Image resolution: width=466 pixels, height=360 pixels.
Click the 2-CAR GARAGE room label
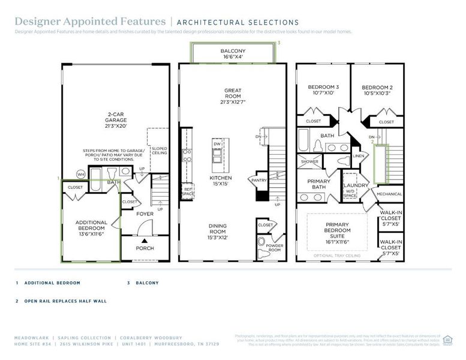click(116, 120)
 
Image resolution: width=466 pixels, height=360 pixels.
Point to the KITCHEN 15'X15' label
click(216, 181)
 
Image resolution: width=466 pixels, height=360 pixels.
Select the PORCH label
click(145, 248)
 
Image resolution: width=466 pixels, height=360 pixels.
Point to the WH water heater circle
click(80, 175)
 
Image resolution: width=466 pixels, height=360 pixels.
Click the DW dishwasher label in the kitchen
click(217, 144)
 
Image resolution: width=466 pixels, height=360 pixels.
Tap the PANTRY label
click(259, 180)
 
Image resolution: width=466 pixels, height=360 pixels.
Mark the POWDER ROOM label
click(275, 247)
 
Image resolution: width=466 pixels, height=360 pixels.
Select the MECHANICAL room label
click(389, 194)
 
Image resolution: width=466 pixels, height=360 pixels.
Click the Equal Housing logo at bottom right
click(446, 340)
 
